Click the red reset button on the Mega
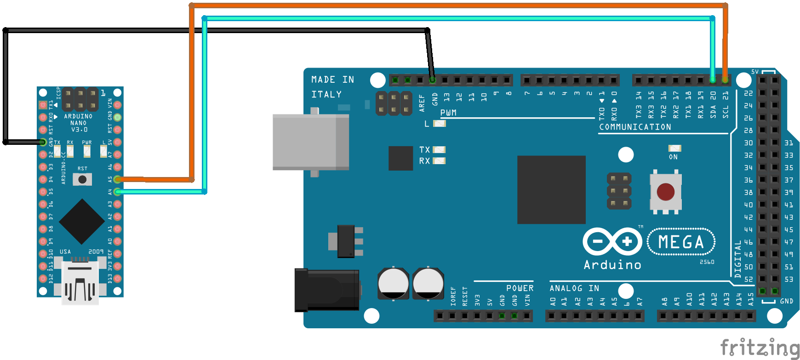pos(665,192)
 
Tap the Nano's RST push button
pos(82,179)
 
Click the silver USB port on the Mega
pos(310,142)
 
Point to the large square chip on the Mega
pos(551,189)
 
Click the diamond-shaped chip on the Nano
pos(82,222)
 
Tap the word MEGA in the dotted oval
pos(681,242)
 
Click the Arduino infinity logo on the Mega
pos(612,241)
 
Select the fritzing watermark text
pos(759,347)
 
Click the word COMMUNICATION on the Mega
pos(635,127)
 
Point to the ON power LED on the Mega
pos(674,148)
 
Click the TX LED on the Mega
pos(439,149)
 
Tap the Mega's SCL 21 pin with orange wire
pos(725,80)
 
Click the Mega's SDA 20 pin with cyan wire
pos(713,80)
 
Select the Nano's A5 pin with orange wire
pos(117,179)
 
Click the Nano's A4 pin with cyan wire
pos(117,192)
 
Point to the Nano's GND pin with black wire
pos(43,142)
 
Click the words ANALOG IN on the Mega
pos(574,288)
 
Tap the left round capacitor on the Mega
pos(393,284)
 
